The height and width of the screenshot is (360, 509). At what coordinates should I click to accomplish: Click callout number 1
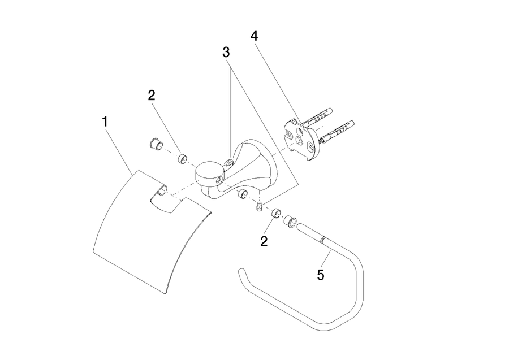coord(105,122)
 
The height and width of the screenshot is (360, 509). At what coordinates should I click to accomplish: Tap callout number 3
coord(226,52)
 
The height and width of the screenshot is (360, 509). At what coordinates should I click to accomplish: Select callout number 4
coord(254,36)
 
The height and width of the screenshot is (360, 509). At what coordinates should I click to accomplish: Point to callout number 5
coord(321,275)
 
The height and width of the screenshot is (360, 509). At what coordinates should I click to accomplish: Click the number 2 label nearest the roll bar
coord(264,241)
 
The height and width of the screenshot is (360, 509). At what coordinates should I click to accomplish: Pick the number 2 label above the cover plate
coord(151,96)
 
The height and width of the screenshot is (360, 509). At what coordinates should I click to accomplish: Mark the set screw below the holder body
coord(260,207)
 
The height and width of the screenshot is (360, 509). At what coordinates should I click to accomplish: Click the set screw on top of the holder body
coord(228,162)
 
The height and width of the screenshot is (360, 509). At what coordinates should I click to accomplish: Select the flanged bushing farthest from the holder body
coord(156,145)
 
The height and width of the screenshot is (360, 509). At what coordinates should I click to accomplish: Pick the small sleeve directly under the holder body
coord(243,194)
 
